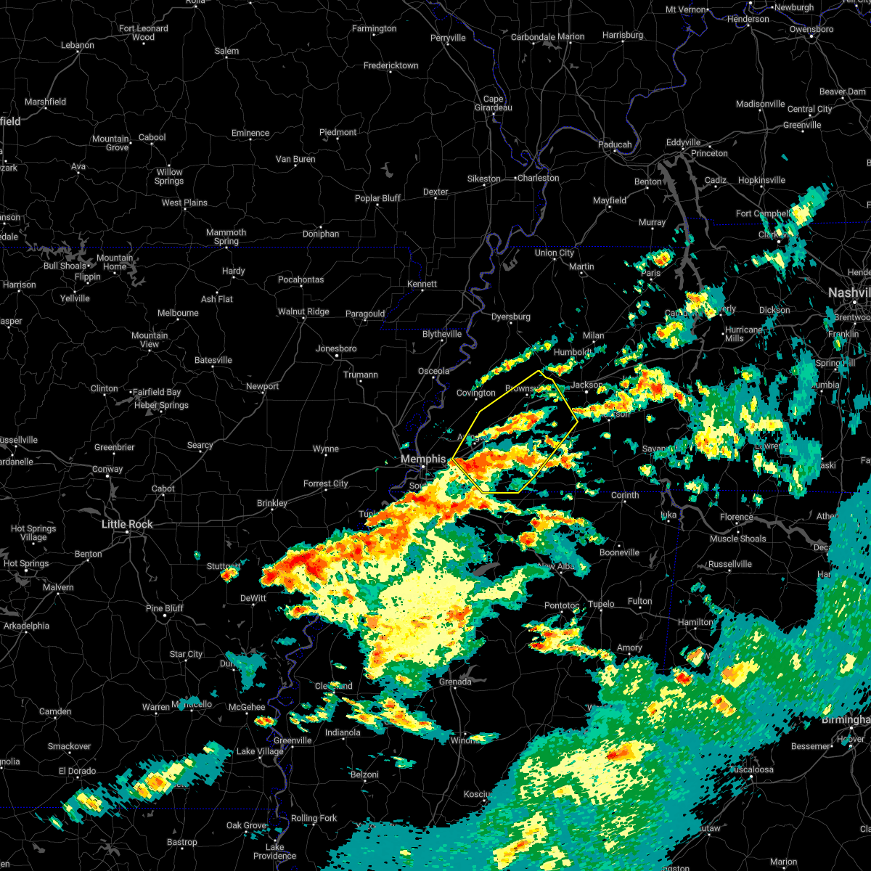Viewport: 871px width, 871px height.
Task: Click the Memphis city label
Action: tap(423, 459)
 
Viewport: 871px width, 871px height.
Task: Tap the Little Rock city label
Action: tap(127, 524)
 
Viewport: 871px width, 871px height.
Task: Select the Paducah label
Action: tap(615, 144)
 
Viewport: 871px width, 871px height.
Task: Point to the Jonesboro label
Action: tap(336, 348)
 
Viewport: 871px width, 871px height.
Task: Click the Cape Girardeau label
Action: tap(493, 103)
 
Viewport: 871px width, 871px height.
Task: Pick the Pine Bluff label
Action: tap(165, 608)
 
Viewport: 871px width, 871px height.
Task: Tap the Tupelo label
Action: tap(601, 604)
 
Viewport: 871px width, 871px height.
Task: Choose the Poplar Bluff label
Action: tap(377, 198)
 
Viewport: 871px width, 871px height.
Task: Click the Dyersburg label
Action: tap(510, 316)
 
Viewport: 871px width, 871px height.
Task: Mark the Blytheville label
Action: tap(442, 334)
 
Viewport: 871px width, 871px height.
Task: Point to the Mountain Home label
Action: tap(115, 262)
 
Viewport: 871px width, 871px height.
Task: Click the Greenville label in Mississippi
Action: tap(293, 740)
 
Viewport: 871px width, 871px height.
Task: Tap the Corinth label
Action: tap(624, 495)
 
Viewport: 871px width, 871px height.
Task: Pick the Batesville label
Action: tap(213, 360)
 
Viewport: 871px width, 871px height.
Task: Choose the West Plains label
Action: tap(184, 203)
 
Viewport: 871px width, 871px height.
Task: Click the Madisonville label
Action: tap(760, 104)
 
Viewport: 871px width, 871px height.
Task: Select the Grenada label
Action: tap(455, 682)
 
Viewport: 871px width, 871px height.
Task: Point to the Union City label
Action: tap(554, 253)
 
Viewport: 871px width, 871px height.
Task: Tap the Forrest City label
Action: tap(325, 483)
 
